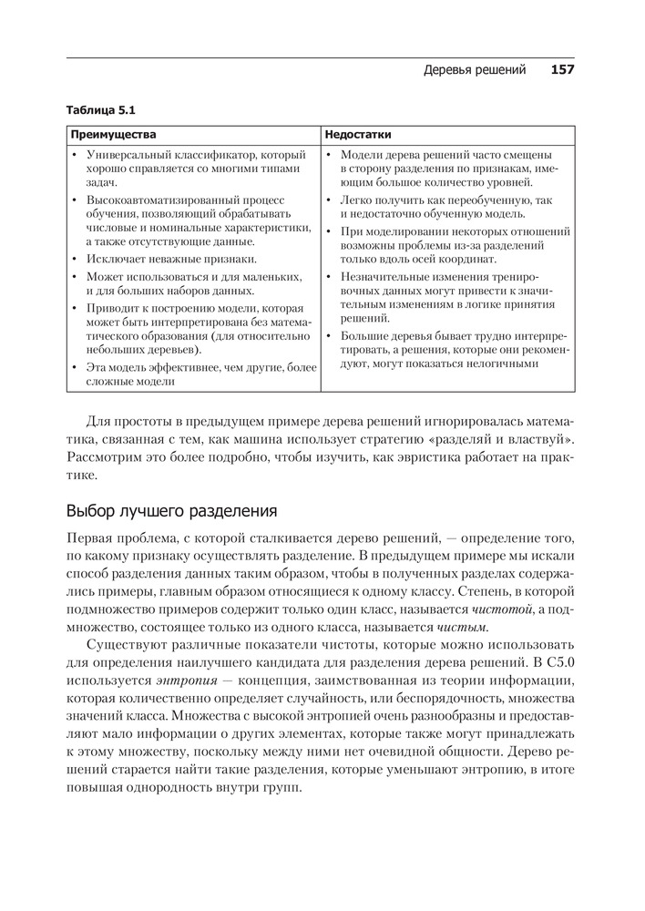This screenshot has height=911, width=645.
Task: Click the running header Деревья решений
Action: pos(475,70)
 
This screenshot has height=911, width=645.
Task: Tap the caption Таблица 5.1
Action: pos(100,111)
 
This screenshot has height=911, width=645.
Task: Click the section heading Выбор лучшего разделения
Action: pos(171,510)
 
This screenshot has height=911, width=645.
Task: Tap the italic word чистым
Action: pos(463,627)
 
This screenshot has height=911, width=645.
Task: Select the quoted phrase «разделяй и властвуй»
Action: pos(507,440)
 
